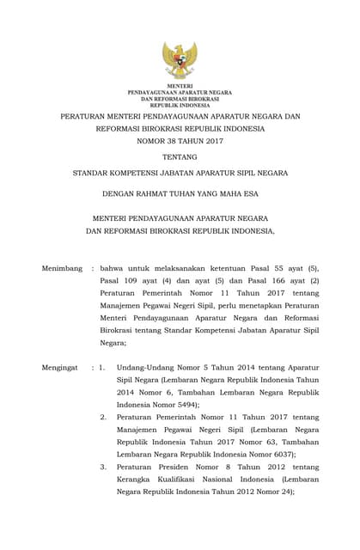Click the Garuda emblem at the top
180,59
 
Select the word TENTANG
180,156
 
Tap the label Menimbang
62,268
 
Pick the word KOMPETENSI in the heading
143,173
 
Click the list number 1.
101,367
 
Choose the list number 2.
103,417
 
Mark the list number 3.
103,467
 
